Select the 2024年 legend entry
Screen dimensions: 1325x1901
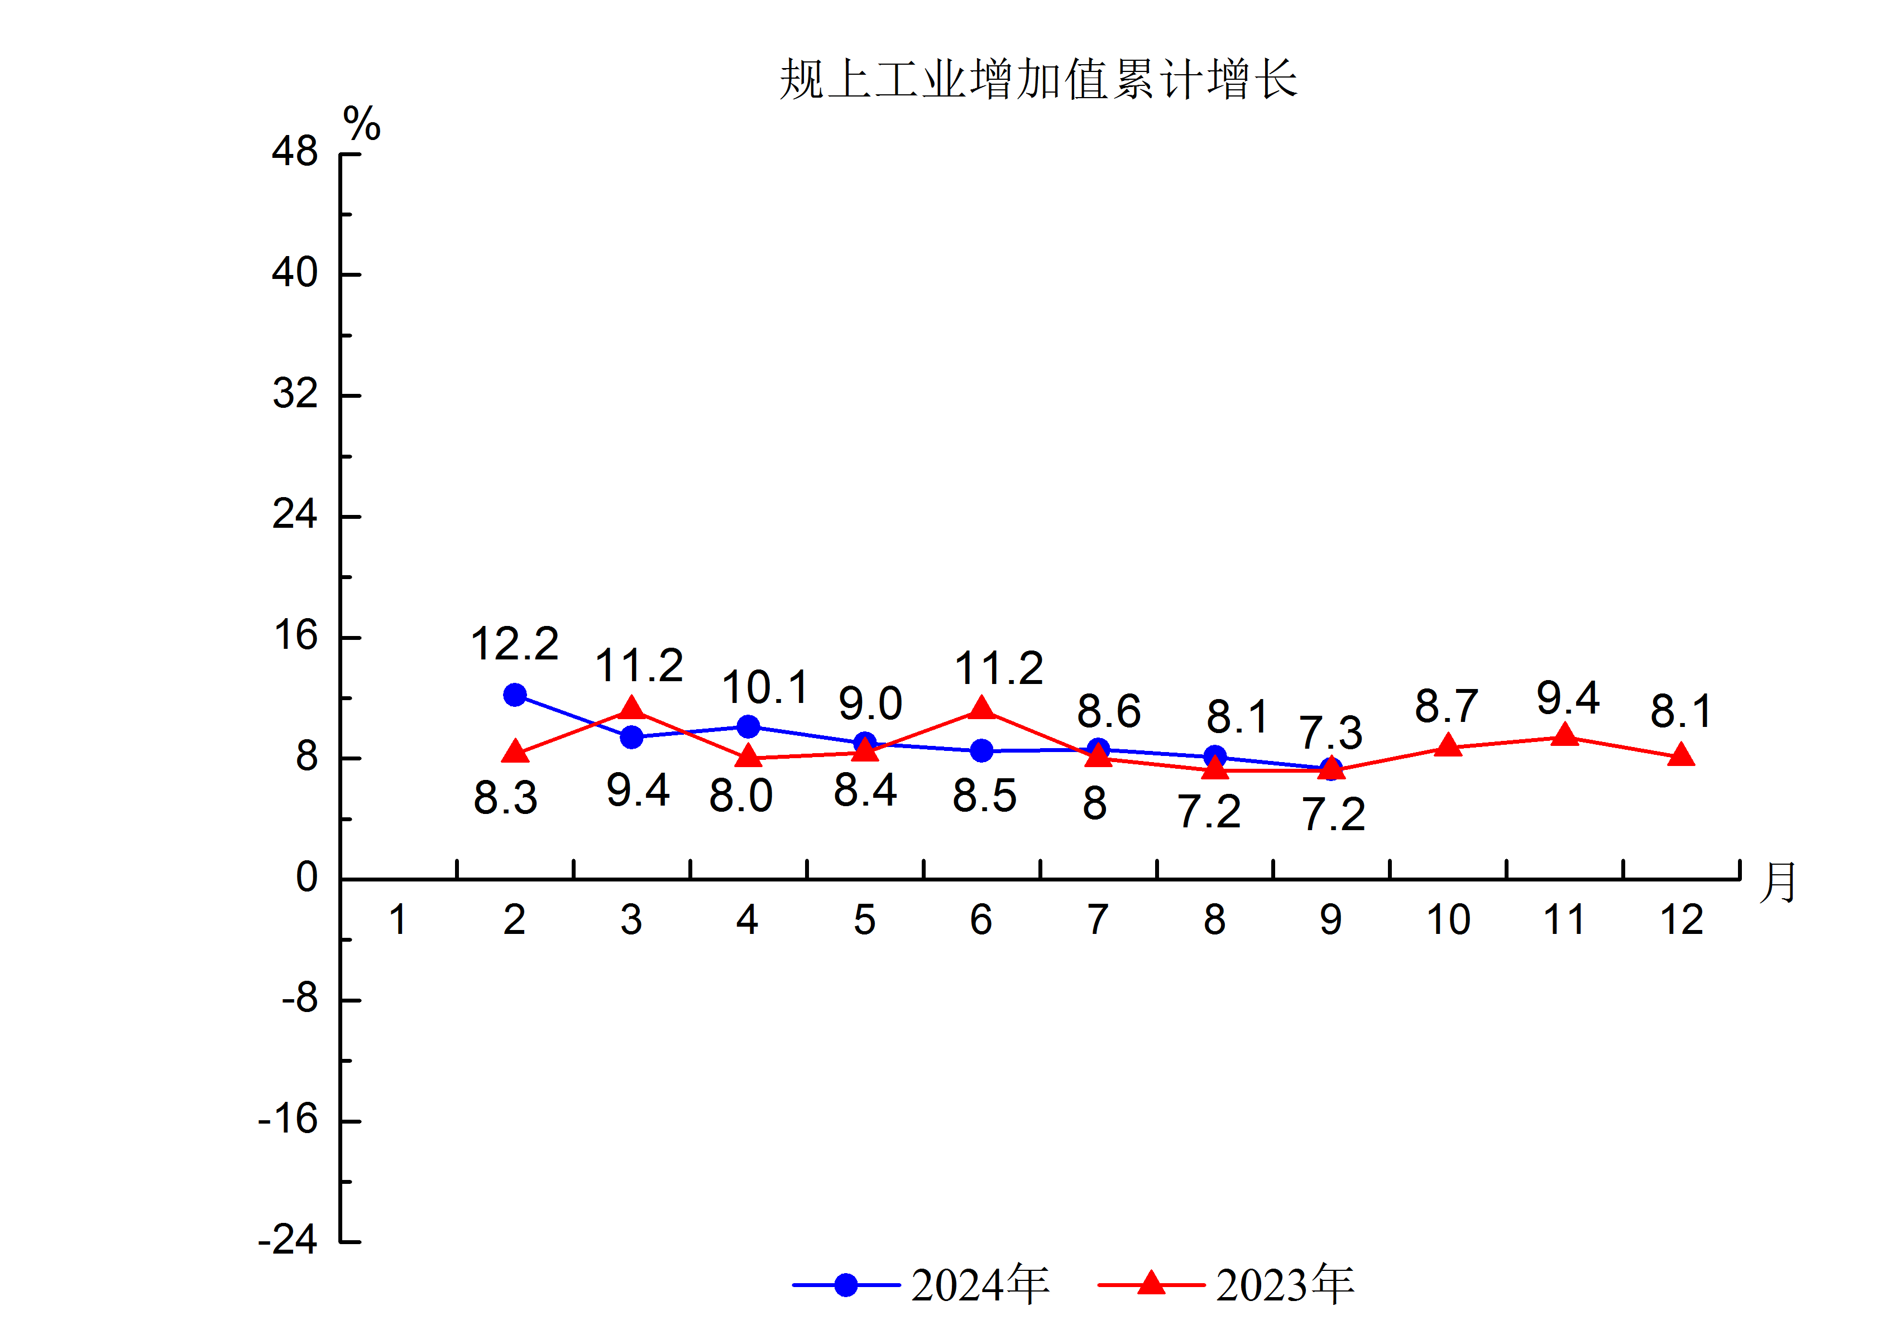[921, 1284]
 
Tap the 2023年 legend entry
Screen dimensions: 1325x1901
[1225, 1284]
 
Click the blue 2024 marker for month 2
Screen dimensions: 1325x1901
[514, 695]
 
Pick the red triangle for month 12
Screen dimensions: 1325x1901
[1681, 755]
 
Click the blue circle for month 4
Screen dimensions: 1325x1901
[748, 726]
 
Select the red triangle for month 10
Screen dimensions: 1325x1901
[1447, 746]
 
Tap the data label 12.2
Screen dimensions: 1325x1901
[514, 644]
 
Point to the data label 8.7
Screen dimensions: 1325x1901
[1445, 706]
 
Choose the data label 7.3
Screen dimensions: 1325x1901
[1330, 733]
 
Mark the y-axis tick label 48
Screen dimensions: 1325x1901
[295, 152]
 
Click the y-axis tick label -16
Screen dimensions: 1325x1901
[288, 1120]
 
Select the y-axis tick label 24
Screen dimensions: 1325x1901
[295, 515]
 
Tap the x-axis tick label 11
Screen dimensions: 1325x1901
[1564, 919]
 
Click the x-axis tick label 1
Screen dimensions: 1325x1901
[398, 919]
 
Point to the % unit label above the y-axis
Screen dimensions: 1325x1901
[362, 124]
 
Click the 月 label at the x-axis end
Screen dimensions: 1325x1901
[1777, 882]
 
